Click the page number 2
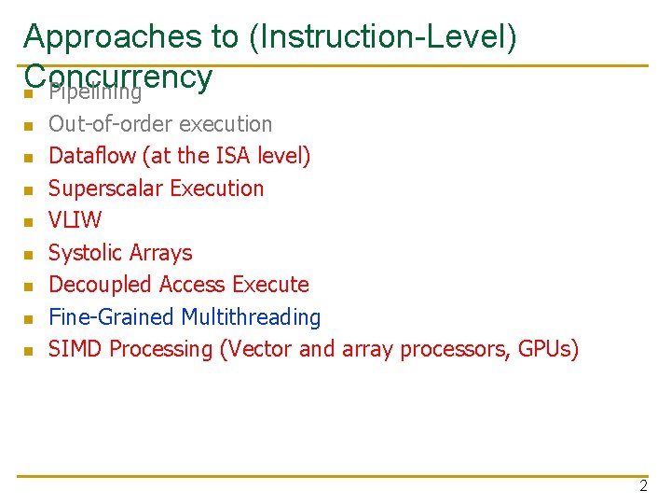(x=643, y=485)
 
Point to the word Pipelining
(x=95, y=92)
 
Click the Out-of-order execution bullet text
(x=160, y=124)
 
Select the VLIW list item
(x=75, y=220)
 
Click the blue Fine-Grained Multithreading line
(x=184, y=317)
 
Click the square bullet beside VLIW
(x=29, y=222)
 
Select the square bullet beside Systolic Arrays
(x=29, y=254)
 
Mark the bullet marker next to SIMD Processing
(x=29, y=351)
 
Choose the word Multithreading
(x=251, y=317)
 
